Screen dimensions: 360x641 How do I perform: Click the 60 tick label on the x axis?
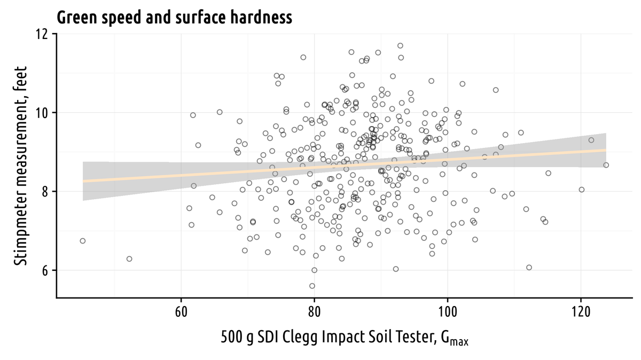pyautogui.click(x=181, y=311)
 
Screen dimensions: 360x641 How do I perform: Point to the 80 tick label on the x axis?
pyautogui.click(x=314, y=311)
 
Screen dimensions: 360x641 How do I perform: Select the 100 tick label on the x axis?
pyautogui.click(x=447, y=311)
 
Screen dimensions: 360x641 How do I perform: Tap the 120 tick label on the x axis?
pyautogui.click(x=580, y=311)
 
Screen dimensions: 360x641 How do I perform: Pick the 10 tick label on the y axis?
pyautogui.click(x=42, y=113)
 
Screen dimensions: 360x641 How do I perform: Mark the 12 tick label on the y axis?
pyautogui.click(x=42, y=34)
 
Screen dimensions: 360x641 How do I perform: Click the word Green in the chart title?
pyautogui.click(x=76, y=18)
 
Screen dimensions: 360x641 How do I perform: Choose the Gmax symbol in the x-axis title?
pyautogui.click(x=457, y=339)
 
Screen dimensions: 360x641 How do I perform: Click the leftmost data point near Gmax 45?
pyautogui.click(x=83, y=241)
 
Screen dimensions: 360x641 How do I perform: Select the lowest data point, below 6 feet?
pyautogui.click(x=312, y=286)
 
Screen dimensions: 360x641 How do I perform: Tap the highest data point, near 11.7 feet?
pyautogui.click(x=400, y=45)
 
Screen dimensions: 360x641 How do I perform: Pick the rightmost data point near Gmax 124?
pyautogui.click(x=606, y=165)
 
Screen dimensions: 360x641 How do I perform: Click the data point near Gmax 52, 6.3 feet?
pyautogui.click(x=129, y=259)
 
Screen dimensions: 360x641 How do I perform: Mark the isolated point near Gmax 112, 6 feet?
pyautogui.click(x=529, y=268)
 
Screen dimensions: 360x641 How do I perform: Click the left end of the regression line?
pyautogui.click(x=84, y=181)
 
